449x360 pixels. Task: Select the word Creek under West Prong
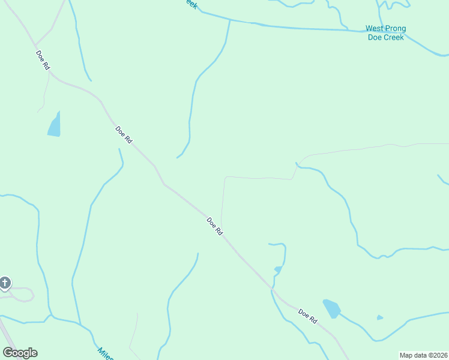394,37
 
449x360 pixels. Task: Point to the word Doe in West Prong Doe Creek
374,37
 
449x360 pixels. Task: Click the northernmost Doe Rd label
42,61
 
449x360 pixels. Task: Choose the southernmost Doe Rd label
307,316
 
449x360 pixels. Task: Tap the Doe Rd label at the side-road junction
214,226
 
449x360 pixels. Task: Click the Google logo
20,353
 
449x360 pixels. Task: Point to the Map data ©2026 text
423,355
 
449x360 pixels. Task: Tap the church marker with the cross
5,283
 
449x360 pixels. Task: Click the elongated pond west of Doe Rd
55,125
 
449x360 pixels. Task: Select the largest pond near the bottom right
331,308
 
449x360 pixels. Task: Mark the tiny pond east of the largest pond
379,317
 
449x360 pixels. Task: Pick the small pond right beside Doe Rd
278,269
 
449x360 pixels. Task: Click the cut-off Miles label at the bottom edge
105,354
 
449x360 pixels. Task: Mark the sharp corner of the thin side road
226,178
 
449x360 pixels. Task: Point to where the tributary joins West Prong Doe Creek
230,21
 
